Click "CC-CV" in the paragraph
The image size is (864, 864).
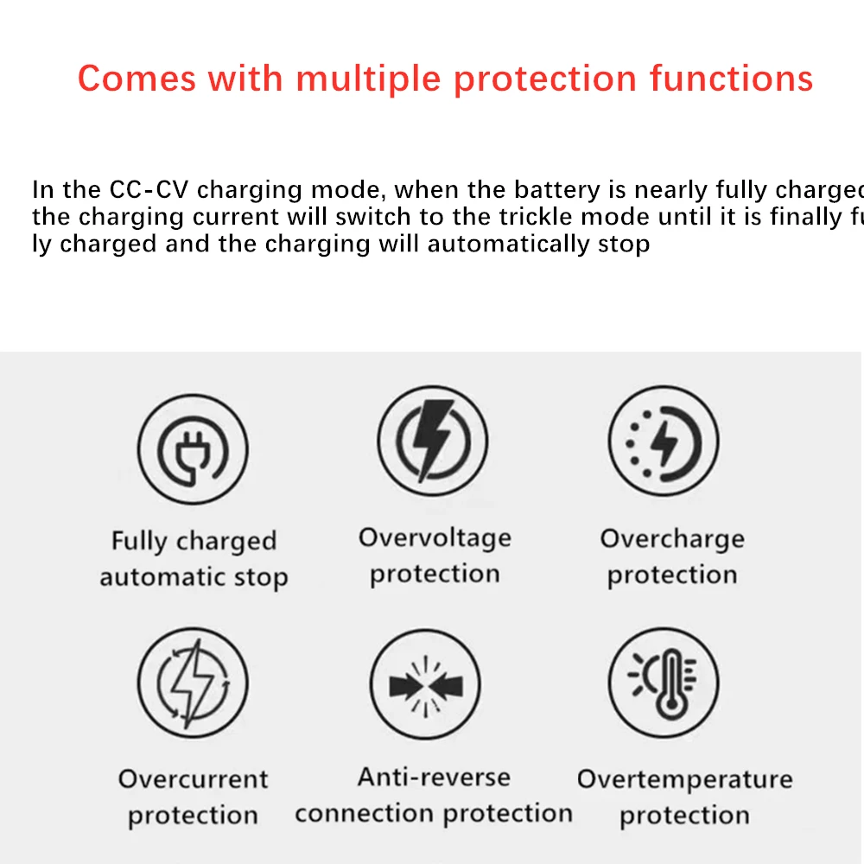point(150,189)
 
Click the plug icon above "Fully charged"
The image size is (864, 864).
point(193,448)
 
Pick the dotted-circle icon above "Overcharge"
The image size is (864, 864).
point(664,442)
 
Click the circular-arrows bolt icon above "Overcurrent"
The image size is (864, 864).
point(193,682)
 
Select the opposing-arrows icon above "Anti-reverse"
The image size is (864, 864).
point(425,684)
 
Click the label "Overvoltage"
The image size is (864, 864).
point(435,538)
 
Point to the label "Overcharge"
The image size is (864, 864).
point(672,539)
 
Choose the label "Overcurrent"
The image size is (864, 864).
point(194,779)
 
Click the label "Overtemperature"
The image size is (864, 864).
point(684,779)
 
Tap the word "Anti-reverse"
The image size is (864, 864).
point(434,777)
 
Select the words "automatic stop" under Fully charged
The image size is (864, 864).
point(194,577)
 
